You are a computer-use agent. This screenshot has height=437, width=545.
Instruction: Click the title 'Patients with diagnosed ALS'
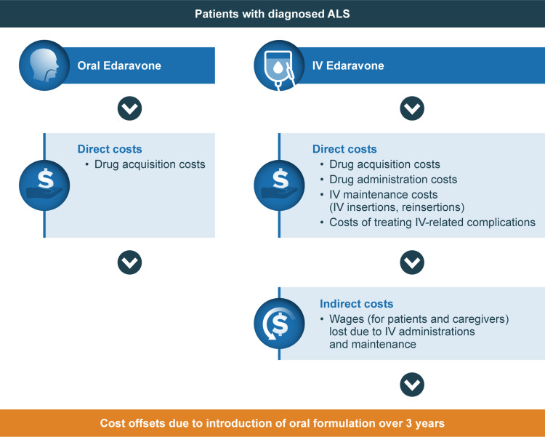click(272, 14)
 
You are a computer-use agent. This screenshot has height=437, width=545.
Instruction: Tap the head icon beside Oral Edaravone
click(44, 65)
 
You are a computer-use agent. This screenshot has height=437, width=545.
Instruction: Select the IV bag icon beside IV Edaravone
click(279, 65)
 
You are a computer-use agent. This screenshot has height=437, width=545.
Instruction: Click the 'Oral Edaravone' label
click(119, 65)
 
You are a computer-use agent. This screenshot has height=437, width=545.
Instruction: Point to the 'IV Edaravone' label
click(348, 65)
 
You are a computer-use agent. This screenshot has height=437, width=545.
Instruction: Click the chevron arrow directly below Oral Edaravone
click(129, 108)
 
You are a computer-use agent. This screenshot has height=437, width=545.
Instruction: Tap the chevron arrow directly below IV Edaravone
click(412, 108)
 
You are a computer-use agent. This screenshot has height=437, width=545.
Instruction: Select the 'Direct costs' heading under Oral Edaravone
click(110, 149)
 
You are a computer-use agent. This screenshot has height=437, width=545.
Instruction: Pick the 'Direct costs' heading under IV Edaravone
click(344, 149)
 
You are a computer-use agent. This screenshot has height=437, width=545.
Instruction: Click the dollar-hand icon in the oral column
click(44, 185)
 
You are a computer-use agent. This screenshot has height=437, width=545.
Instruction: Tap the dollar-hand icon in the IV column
click(279, 185)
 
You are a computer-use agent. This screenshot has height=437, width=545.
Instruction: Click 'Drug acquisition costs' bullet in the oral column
click(150, 164)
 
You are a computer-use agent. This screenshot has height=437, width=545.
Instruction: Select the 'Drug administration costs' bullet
click(393, 180)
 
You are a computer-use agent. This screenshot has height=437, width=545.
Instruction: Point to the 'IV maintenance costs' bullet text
click(384, 194)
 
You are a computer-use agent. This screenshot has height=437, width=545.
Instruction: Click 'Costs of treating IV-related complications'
click(432, 222)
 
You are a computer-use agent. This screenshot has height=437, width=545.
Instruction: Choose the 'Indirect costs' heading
click(356, 304)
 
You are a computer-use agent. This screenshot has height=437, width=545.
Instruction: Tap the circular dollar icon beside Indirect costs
click(279, 324)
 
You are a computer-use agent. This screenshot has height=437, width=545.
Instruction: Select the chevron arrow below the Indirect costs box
click(412, 385)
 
